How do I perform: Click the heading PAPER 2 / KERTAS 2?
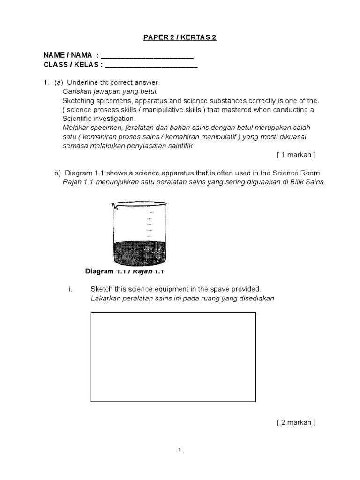point(180,37)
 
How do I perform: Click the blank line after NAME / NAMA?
point(147,56)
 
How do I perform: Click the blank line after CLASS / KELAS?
point(151,65)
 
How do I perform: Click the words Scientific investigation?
point(98,119)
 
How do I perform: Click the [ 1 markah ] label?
point(296,155)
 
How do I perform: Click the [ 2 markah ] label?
point(296,422)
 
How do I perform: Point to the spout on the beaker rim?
point(114,204)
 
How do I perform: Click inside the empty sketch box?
point(173,357)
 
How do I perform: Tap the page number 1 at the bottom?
point(180,450)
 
